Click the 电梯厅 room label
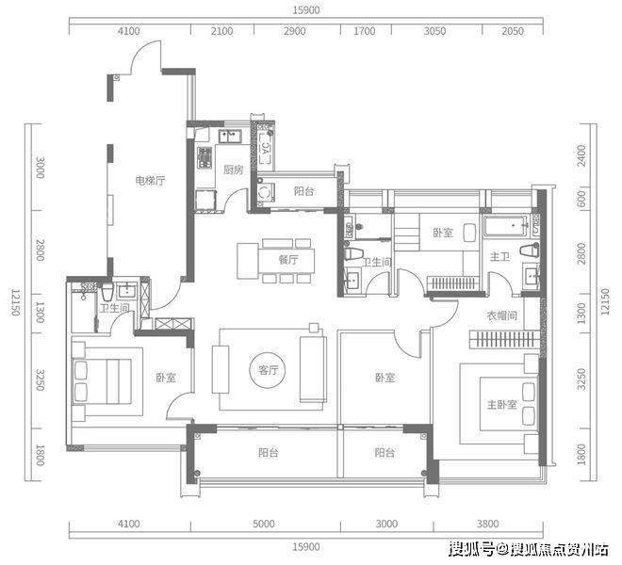point(150,181)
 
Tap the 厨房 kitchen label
point(234,170)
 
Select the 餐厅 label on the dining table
point(288,260)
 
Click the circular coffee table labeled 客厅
point(268,370)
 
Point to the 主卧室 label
point(501,404)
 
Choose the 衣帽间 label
point(501,316)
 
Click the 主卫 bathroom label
point(499,257)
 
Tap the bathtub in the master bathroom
point(506,226)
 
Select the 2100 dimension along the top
point(221,31)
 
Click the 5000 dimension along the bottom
point(263,524)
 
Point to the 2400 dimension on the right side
point(581,155)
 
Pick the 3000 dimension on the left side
point(41,168)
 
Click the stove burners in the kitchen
point(205,157)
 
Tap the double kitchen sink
point(230,137)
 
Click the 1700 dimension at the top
point(364,31)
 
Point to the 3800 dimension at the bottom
point(487,524)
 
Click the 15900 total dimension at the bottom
point(306,547)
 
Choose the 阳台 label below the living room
point(269,452)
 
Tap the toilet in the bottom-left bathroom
point(107,293)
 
